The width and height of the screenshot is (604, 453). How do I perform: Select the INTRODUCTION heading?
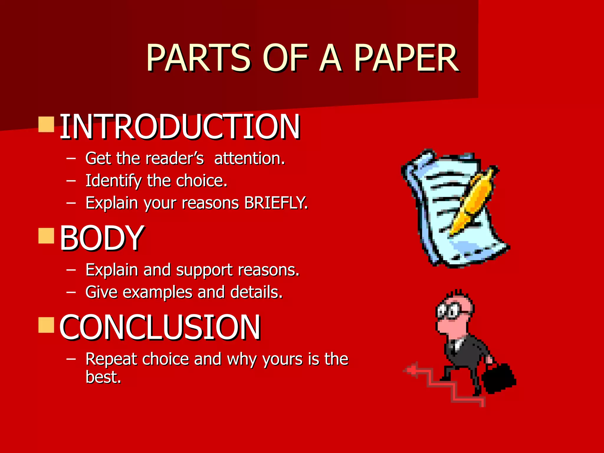point(180,127)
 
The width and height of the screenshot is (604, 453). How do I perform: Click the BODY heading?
point(102,238)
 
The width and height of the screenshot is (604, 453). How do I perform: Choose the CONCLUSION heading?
point(160,327)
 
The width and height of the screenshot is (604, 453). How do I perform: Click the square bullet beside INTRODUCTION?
point(46,124)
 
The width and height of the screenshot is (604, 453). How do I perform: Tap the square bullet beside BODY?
point(46,236)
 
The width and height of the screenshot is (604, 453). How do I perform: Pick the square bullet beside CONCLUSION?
point(46,325)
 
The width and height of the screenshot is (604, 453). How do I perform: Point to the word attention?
point(250,158)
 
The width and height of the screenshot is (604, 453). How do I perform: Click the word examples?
point(157,292)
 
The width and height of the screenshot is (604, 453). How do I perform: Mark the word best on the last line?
point(103,377)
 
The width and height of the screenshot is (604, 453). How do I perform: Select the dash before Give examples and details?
point(71,292)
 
